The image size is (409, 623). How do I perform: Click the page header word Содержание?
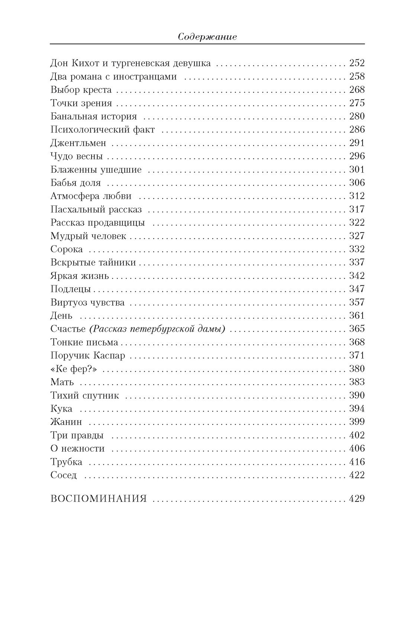(207, 37)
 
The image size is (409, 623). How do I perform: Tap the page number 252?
(357, 63)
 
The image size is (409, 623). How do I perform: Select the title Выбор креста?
(81, 90)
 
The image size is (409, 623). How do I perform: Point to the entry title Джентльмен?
(78, 143)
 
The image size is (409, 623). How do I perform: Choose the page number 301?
(357, 169)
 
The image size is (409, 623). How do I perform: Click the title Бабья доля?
(75, 183)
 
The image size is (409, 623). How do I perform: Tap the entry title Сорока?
(67, 249)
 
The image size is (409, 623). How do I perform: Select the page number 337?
(357, 263)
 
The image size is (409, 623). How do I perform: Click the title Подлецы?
(71, 289)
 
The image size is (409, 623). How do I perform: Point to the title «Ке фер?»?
(74, 369)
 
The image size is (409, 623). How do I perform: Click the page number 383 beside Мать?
(357, 382)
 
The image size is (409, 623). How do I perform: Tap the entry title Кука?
(61, 409)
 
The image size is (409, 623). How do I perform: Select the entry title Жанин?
(66, 422)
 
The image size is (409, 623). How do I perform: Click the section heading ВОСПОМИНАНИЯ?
(99, 499)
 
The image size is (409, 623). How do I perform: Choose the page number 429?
(357, 499)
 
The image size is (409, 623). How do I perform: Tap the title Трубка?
(66, 462)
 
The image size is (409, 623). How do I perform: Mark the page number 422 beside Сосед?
(357, 475)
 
